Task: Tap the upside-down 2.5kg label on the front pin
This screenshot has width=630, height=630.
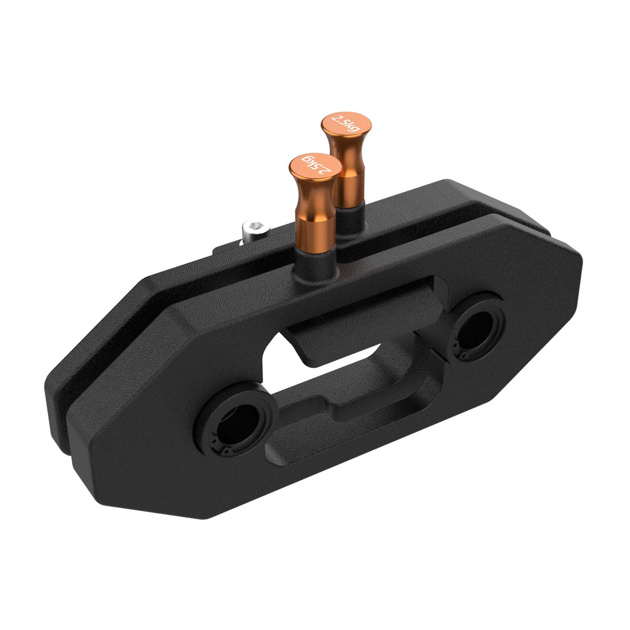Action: pyautogui.click(x=315, y=165)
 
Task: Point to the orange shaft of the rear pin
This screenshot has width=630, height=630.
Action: pyautogui.click(x=348, y=178)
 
